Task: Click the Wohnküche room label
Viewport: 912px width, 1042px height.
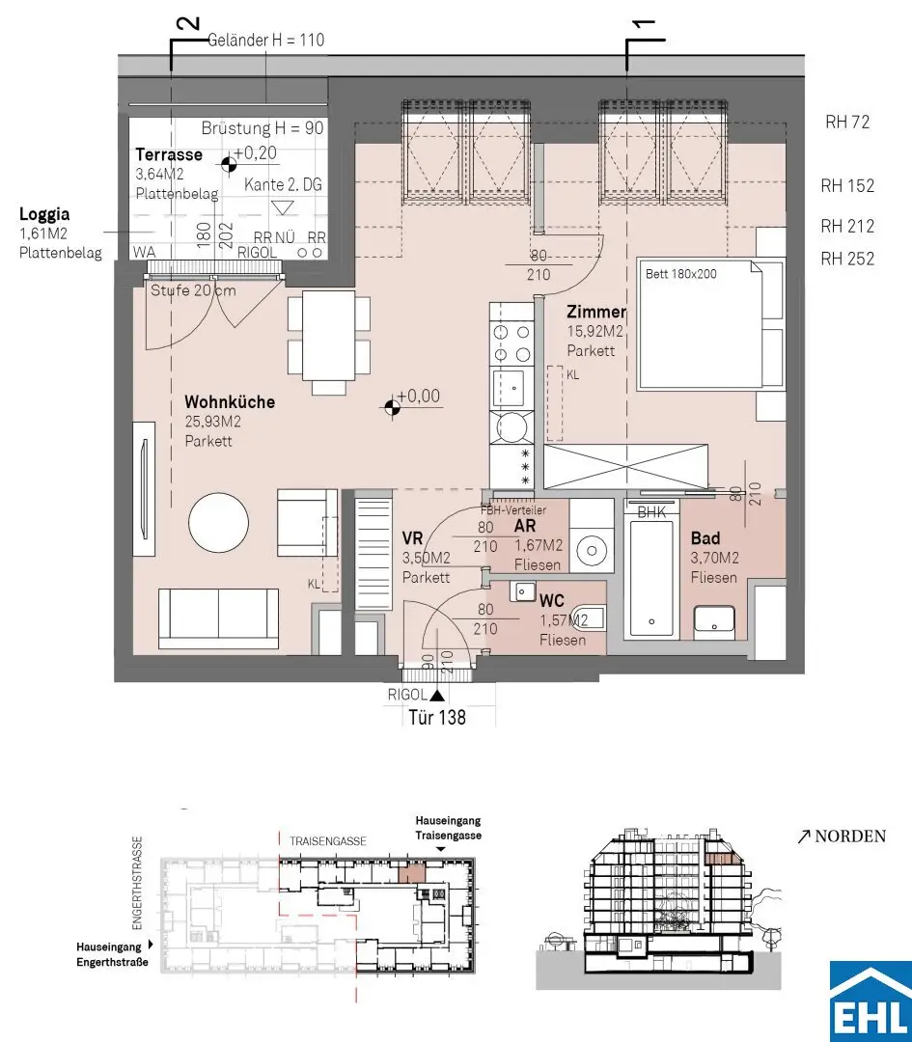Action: click(230, 401)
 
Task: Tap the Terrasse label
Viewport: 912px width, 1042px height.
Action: click(169, 154)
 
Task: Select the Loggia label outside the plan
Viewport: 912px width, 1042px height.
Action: click(43, 214)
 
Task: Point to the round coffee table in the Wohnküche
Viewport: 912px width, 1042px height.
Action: click(219, 522)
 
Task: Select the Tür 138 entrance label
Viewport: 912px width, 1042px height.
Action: click(437, 717)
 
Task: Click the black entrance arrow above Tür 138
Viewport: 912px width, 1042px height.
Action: click(437, 695)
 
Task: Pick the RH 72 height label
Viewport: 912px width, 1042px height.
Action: click(847, 122)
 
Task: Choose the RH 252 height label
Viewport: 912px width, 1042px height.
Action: click(847, 259)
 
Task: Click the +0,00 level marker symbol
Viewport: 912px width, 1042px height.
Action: click(392, 404)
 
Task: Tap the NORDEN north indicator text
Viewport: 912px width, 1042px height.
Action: click(850, 836)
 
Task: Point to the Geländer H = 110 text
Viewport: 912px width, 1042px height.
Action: click(266, 40)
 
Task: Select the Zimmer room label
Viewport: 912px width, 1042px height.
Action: click(596, 312)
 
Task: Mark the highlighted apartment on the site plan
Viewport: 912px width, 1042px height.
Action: click(409, 872)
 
